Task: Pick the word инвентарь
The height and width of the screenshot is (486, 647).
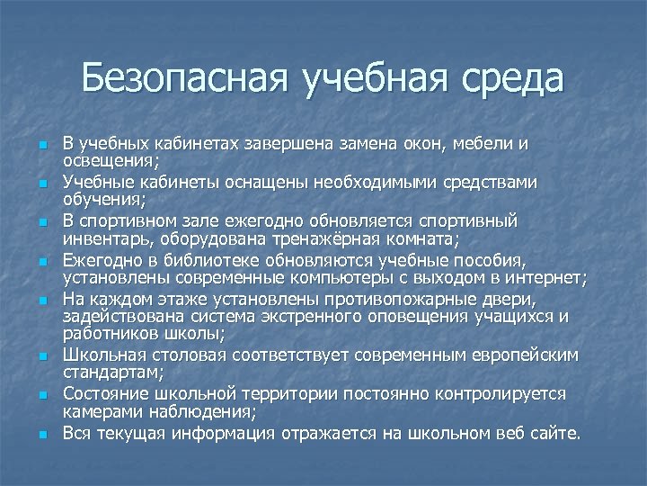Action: tap(106, 238)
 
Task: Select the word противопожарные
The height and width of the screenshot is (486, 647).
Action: tap(371, 300)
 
